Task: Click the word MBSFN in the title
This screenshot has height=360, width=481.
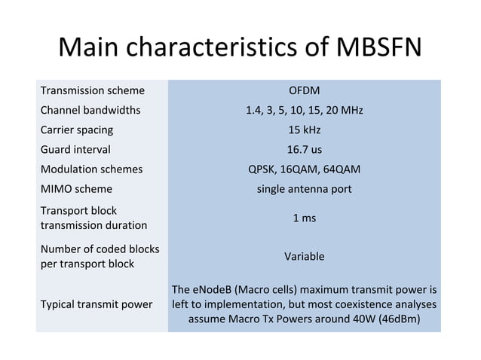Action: pyautogui.click(x=375, y=49)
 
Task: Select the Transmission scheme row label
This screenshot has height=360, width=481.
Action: pyautogui.click(x=93, y=91)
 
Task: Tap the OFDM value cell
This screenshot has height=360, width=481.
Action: pyautogui.click(x=304, y=91)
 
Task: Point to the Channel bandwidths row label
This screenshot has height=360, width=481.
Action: pyautogui.click(x=90, y=111)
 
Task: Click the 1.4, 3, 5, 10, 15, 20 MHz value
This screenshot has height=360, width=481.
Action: pyautogui.click(x=304, y=111)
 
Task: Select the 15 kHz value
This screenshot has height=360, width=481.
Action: pyautogui.click(x=304, y=130)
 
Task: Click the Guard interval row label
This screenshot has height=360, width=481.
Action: pyautogui.click(x=76, y=149)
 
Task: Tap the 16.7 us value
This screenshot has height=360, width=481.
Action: pyautogui.click(x=304, y=149)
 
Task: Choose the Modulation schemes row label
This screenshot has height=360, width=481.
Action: pyautogui.click(x=91, y=169)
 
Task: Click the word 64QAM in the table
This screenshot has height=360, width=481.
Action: pyautogui.click(x=340, y=169)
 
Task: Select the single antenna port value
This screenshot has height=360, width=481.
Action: pyautogui.click(x=304, y=188)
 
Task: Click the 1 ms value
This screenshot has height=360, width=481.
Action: pyautogui.click(x=304, y=218)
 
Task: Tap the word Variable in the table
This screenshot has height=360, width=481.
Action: pyautogui.click(x=304, y=256)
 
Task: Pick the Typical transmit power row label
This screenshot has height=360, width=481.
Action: pyautogui.click(x=96, y=304)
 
